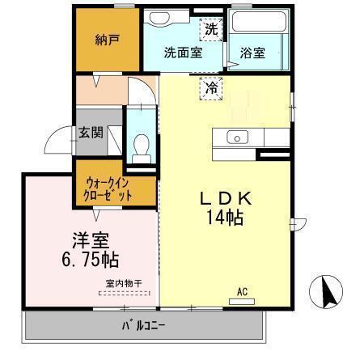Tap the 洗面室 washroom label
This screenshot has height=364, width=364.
[x=182, y=53]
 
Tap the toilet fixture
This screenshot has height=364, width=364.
[x=142, y=150]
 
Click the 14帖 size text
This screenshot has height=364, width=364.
[x=226, y=217]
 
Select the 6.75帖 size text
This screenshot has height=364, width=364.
[x=91, y=260]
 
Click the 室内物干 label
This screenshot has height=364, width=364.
[x=124, y=283]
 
